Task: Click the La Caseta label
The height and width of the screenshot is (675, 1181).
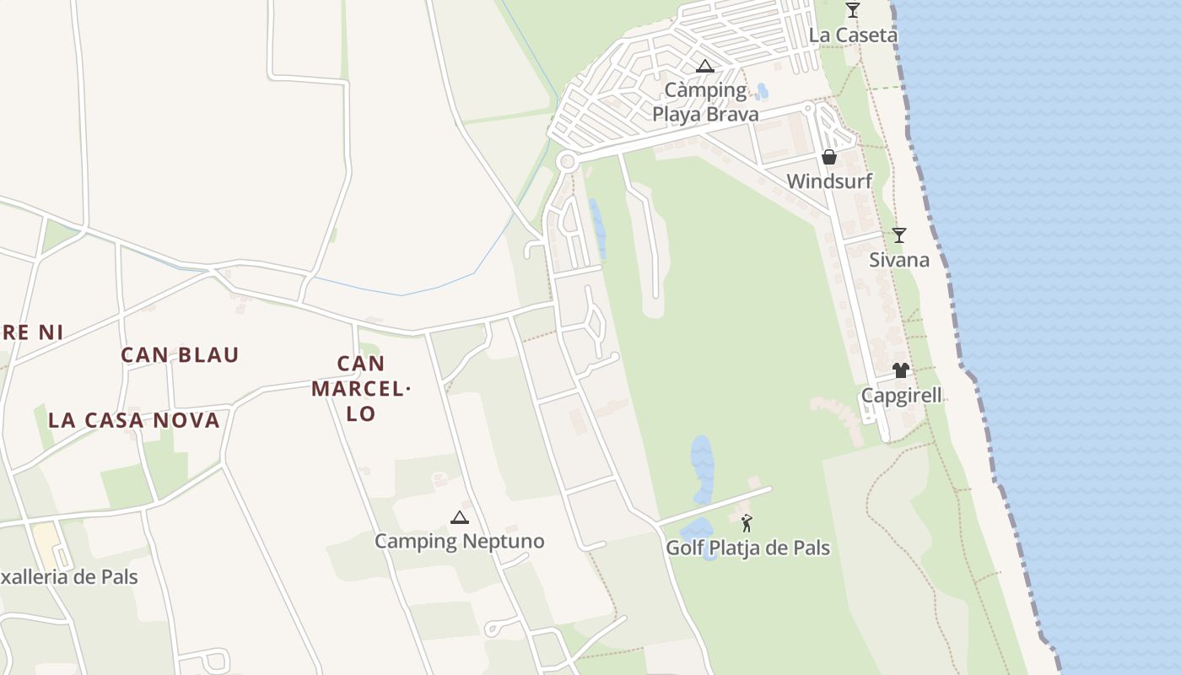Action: [853, 35]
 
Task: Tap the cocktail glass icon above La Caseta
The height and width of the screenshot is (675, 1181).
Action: [853, 10]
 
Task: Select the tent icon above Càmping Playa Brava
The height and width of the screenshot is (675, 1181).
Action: [705, 66]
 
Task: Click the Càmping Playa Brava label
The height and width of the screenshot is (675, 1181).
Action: [705, 102]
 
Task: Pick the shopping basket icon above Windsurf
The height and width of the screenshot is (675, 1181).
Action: [829, 157]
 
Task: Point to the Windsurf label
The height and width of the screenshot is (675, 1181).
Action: [829, 181]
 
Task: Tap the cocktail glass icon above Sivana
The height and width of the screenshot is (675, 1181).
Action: [899, 235]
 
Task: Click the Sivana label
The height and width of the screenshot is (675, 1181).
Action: [899, 260]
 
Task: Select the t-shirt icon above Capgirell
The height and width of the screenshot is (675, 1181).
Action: [901, 370]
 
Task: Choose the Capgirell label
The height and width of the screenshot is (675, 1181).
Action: [901, 396]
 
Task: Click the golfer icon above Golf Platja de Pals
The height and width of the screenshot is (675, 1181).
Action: [747, 523]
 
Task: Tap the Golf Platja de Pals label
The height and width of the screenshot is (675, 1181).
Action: [747, 548]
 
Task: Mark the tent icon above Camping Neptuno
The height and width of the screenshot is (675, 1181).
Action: [459, 517]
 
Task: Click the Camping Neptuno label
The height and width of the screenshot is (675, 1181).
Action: [459, 542]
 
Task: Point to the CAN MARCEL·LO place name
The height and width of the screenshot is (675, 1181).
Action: [360, 388]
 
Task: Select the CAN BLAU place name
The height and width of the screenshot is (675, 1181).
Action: [180, 355]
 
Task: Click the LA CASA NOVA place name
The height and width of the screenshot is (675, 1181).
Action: [133, 420]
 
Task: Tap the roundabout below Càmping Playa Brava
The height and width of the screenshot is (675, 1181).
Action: [567, 161]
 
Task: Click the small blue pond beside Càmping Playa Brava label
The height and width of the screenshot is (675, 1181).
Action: [763, 91]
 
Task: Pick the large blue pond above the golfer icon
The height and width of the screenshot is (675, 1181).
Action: [702, 468]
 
